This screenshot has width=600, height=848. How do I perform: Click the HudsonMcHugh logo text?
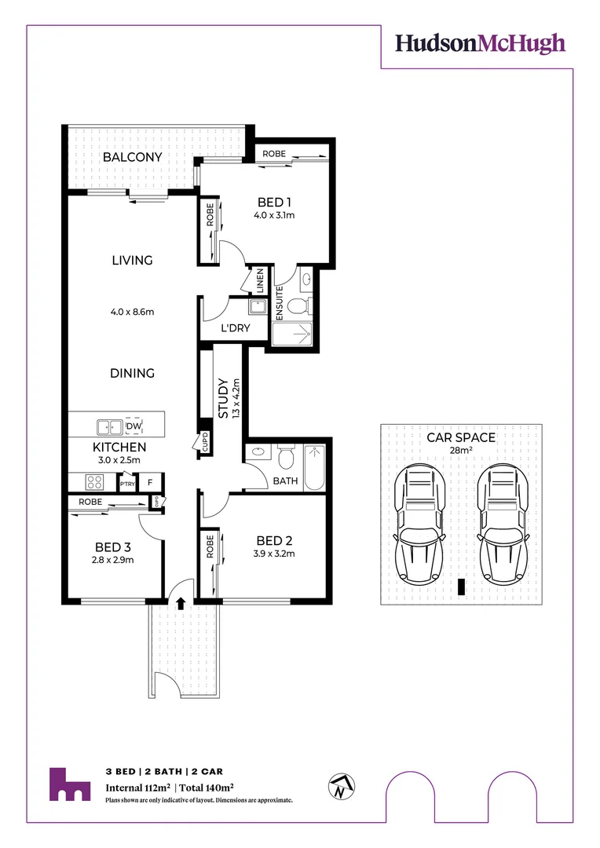[480, 43]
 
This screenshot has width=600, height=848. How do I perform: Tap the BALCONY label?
[133, 157]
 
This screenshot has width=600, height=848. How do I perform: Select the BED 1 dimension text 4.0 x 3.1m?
[273, 214]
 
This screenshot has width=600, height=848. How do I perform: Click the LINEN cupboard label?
[260, 281]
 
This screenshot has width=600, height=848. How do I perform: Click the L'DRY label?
[234, 328]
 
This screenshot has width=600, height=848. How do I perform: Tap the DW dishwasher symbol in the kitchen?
[134, 426]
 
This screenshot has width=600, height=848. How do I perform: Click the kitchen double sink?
[111, 427]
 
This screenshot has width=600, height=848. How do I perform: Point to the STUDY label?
[223, 399]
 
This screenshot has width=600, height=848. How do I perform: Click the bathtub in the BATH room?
[315, 462]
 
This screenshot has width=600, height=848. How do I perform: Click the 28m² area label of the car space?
[460, 451]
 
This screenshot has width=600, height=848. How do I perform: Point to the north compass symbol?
[341, 786]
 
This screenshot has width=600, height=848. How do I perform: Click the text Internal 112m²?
[138, 788]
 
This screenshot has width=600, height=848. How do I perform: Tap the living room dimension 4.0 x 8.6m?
[132, 312]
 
